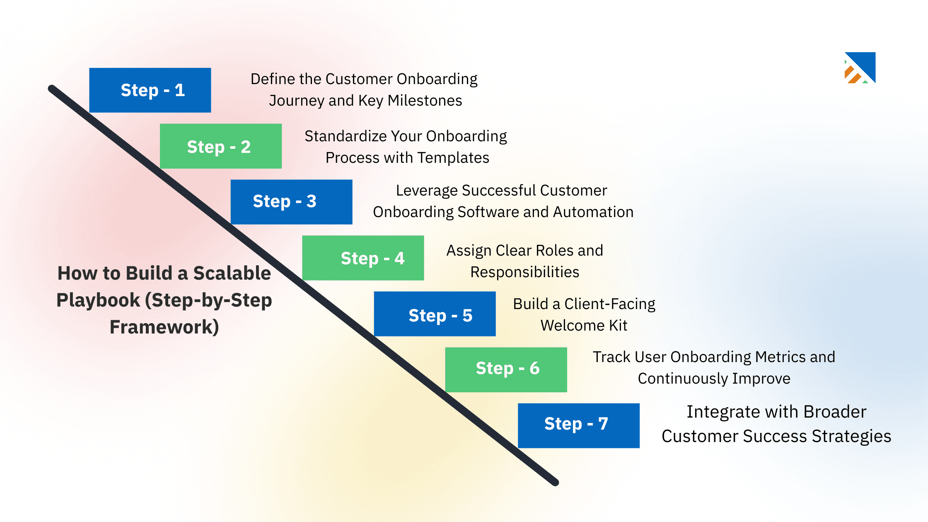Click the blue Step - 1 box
[x=150, y=90]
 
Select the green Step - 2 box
[x=220, y=146]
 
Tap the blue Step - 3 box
[x=291, y=202]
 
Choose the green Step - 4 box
[x=363, y=258]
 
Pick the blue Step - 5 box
[x=435, y=314]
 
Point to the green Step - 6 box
[x=506, y=370]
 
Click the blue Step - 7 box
[x=578, y=425]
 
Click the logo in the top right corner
[x=860, y=68]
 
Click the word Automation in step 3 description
[x=593, y=212]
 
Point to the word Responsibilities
[x=524, y=272]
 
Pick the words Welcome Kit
[x=584, y=326]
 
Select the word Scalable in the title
[x=232, y=273]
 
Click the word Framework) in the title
[x=164, y=327]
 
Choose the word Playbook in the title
[x=98, y=300]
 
